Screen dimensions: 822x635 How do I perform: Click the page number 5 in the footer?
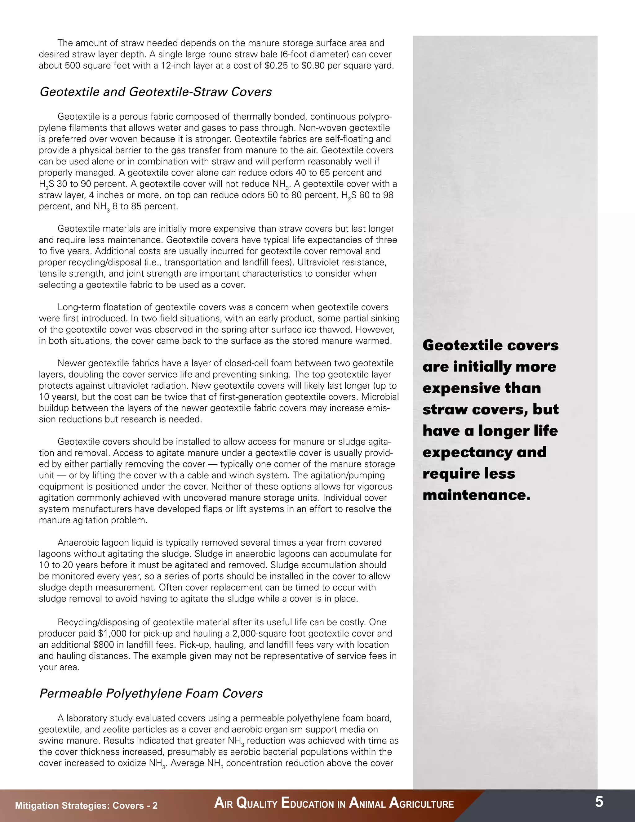[x=599, y=802]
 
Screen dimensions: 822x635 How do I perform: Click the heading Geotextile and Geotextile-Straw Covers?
[x=155, y=92]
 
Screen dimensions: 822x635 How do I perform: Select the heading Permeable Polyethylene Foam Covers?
[x=151, y=693]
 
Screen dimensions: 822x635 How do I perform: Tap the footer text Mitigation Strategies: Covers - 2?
[x=86, y=806]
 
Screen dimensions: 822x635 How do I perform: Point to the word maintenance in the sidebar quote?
[x=476, y=495]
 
